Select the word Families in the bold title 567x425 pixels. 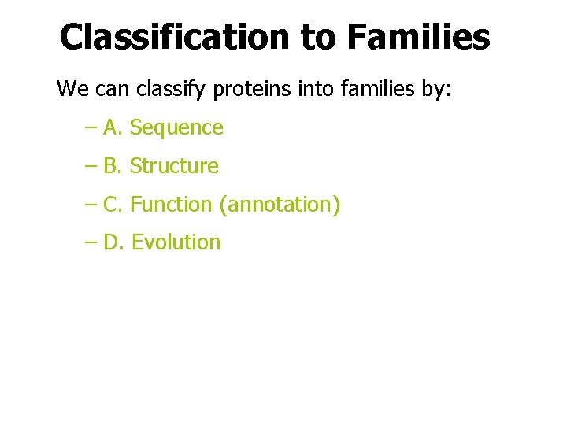click(417, 36)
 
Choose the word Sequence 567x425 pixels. click(176, 128)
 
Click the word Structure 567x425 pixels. click(174, 166)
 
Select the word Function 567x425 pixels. click(171, 205)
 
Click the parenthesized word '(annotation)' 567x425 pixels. click(280, 205)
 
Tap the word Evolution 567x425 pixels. click(176, 242)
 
